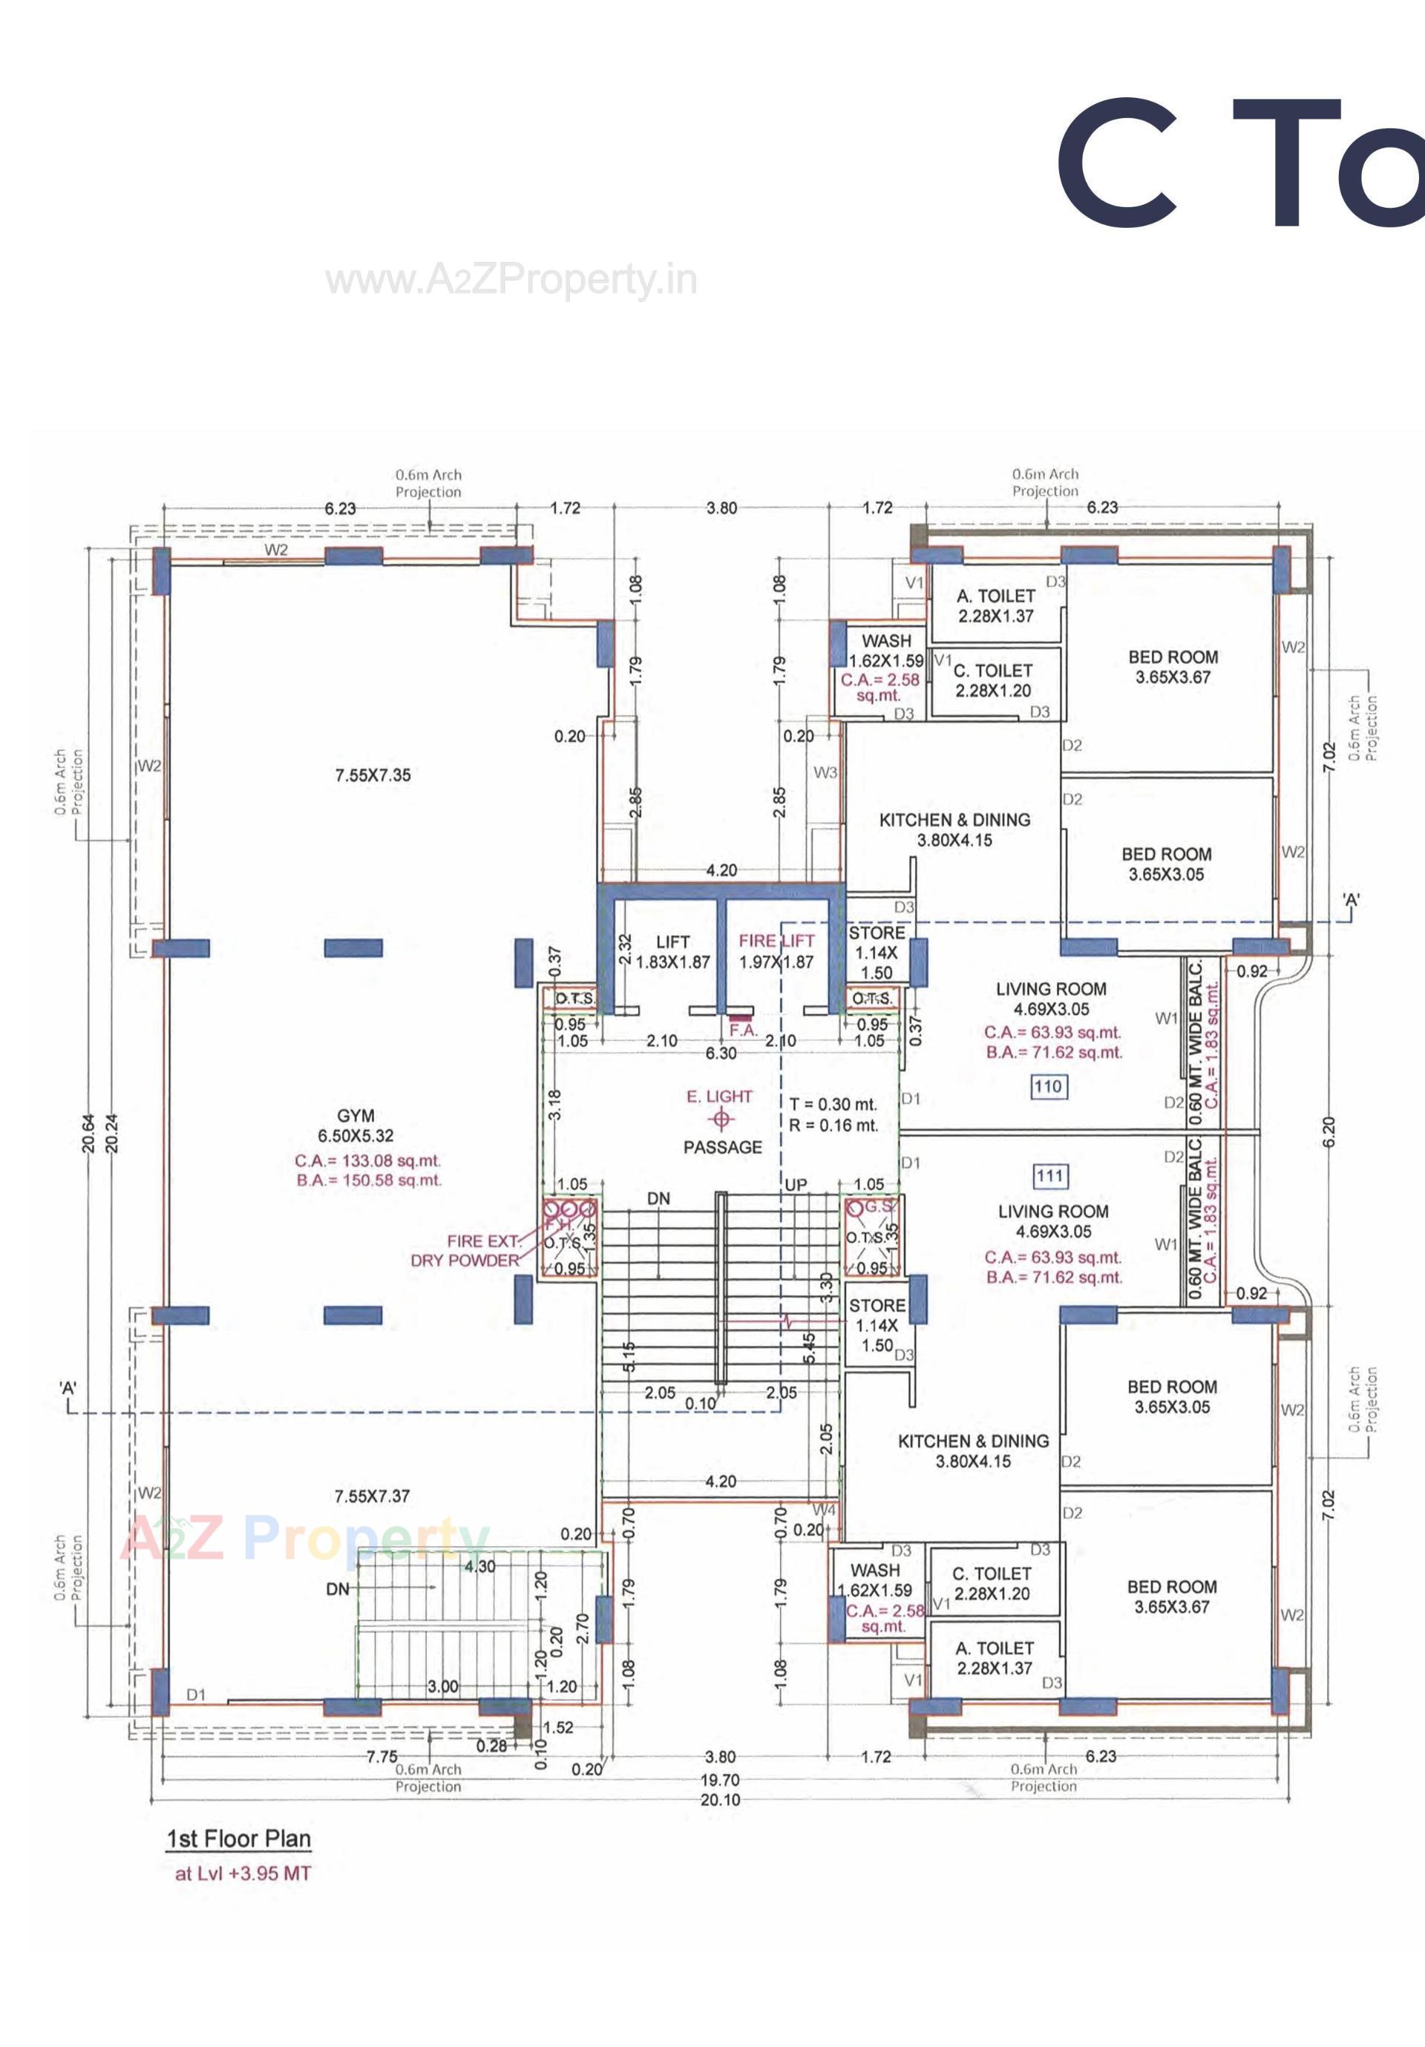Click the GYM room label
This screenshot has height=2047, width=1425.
pos(355,1115)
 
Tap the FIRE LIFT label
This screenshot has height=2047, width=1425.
pos(776,941)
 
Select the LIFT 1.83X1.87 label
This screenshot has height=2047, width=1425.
pos(672,951)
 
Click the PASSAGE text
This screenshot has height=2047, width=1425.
pos(722,1148)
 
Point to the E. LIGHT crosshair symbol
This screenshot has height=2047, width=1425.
pos(721,1120)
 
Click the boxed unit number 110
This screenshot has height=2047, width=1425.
pos(1048,1086)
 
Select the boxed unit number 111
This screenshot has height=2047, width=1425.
pos(1049,1176)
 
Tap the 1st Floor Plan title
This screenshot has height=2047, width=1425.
pos(238,1839)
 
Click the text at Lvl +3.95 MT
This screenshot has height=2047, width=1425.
pos(243,1873)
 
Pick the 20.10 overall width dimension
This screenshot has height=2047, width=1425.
pos(720,1799)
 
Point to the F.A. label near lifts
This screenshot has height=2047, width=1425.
pos(743,1030)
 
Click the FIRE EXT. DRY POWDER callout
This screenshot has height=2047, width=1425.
pos(465,1251)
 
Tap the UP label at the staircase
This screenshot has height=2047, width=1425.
pos(796,1185)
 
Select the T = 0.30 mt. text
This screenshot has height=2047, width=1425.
pos(833,1105)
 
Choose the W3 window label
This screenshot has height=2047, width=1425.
pos(825,772)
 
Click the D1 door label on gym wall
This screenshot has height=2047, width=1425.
pos(196,1695)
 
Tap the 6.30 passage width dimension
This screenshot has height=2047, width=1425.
pos(721,1053)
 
